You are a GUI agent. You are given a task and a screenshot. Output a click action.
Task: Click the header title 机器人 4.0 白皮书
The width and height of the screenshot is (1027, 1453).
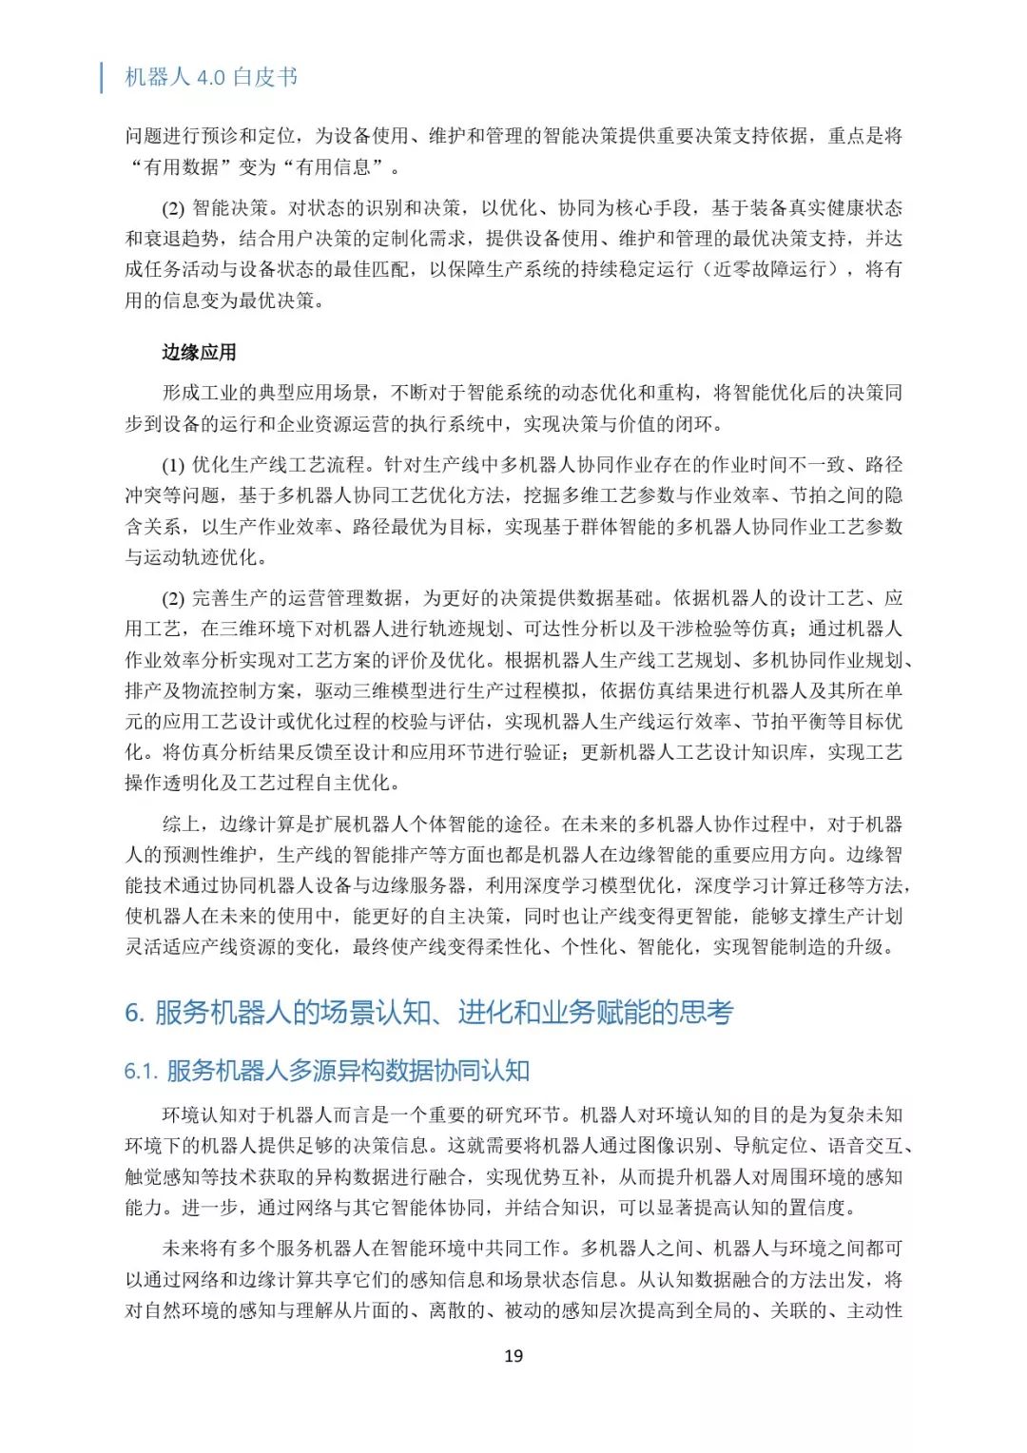(211, 77)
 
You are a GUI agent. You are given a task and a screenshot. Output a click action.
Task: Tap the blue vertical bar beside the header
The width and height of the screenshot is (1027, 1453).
(102, 77)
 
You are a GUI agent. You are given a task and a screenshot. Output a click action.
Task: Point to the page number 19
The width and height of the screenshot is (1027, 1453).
(513, 1356)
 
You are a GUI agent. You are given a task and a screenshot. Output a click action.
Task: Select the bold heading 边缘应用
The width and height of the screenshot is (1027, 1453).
(199, 353)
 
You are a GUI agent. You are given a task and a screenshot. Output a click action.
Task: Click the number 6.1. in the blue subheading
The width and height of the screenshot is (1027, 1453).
(141, 1072)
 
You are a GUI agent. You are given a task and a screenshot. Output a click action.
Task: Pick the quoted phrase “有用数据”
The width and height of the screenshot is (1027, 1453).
(182, 167)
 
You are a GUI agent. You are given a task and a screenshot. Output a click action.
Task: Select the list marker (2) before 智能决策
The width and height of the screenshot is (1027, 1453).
(173, 208)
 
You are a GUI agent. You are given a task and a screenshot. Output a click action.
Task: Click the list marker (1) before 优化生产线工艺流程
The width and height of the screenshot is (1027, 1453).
(173, 465)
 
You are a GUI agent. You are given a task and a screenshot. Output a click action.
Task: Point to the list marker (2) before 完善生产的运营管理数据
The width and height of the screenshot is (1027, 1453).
(173, 598)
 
